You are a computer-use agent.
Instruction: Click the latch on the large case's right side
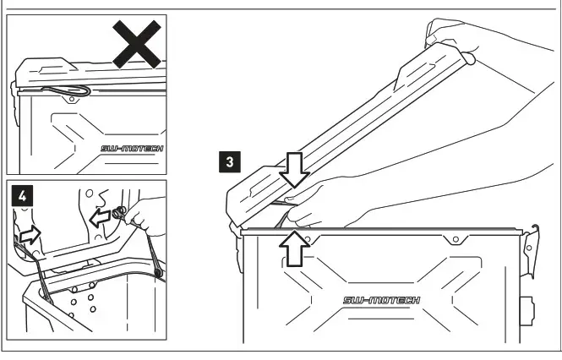pyautogui.click(x=532, y=250)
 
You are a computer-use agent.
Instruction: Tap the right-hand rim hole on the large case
pyautogui.click(x=456, y=239)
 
